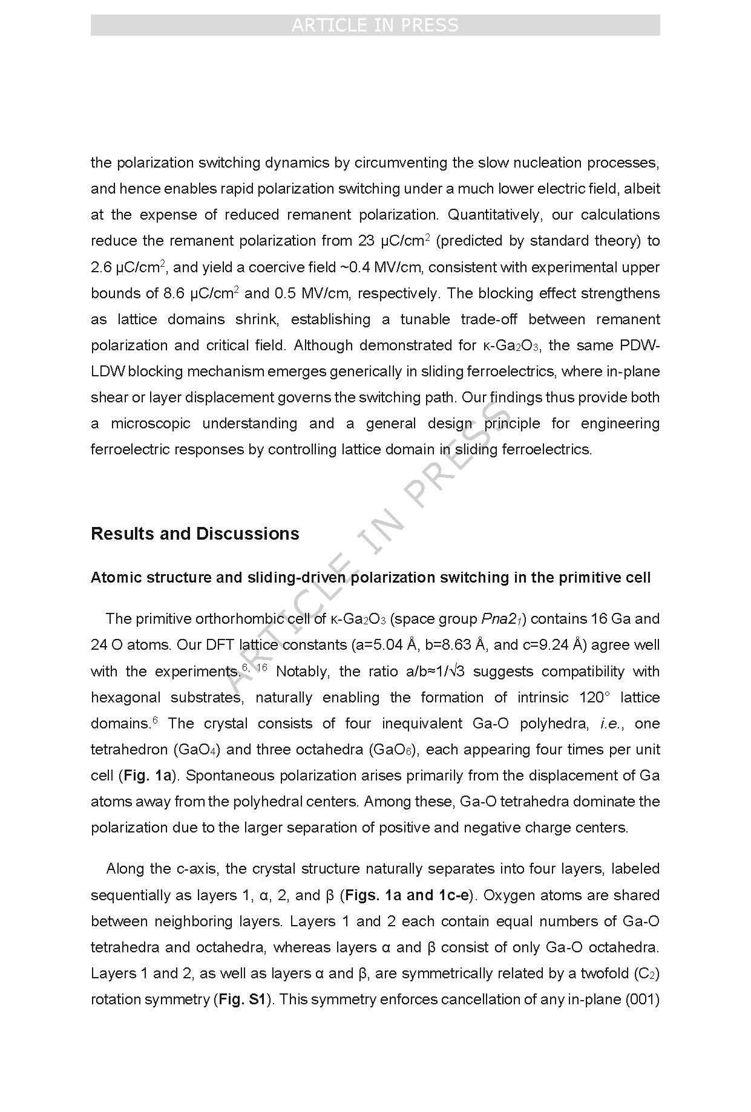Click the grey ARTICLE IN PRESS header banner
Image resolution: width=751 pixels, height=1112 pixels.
375,25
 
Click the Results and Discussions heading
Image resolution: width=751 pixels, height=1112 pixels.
195,534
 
